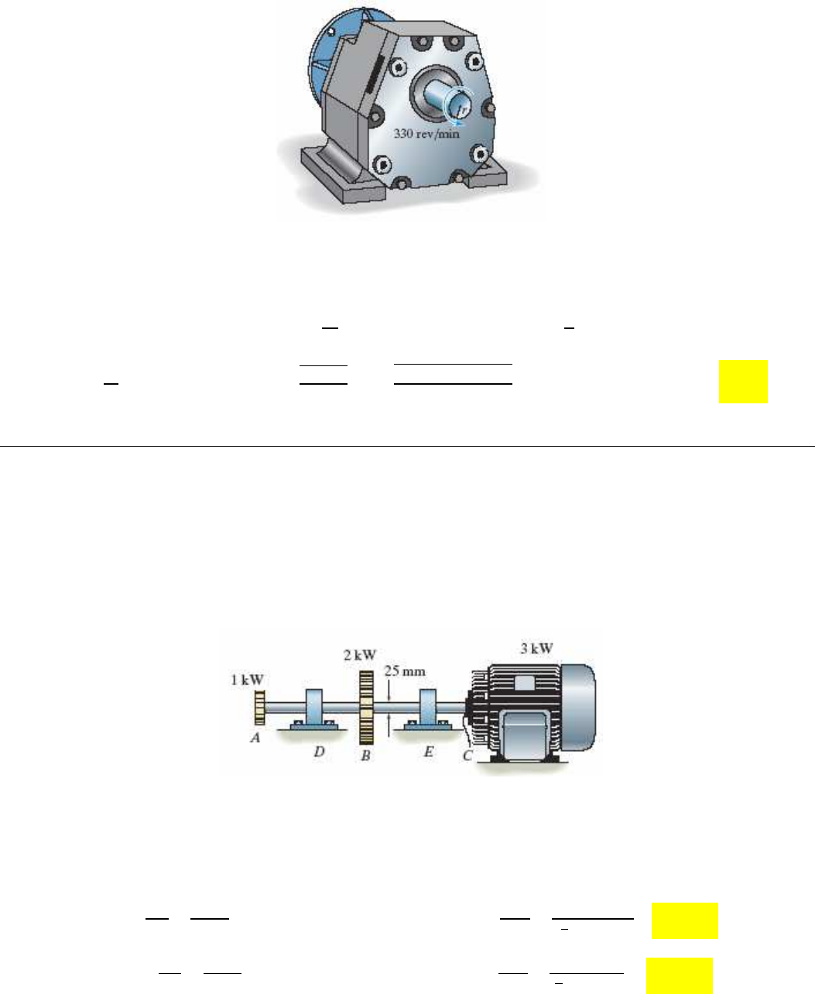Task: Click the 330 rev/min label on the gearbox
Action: click(426, 134)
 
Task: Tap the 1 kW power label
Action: click(247, 680)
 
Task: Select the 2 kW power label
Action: click(360, 655)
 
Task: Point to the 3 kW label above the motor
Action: click(536, 649)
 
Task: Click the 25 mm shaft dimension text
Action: click(405, 670)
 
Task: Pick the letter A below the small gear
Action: click(255, 738)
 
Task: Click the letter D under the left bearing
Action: click(319, 751)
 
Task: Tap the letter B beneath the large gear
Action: click(365, 756)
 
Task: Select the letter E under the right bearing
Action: click(428, 751)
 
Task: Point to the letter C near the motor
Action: click(467, 756)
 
